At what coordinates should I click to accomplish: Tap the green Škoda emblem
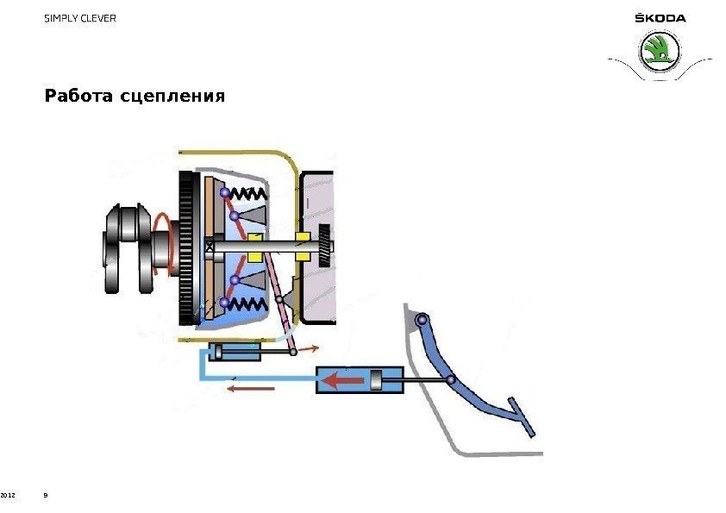pos(659,52)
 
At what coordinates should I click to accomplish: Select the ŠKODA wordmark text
pos(660,18)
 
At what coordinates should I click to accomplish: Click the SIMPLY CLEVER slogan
pos(79,18)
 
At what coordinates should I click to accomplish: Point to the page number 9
pos(46,496)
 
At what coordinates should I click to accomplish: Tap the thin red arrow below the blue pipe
pos(251,389)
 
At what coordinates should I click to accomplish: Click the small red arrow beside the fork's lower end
pos(308,348)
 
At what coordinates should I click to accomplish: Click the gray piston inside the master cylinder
pos(377,378)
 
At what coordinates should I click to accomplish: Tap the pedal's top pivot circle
pos(422,321)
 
